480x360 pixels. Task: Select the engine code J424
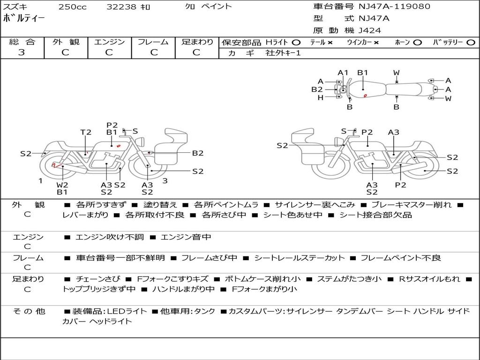point(370,30)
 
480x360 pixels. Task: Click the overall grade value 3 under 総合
point(21,52)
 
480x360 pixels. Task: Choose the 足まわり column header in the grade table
point(197,42)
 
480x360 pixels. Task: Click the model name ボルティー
point(24,19)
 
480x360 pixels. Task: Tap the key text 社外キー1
point(284,53)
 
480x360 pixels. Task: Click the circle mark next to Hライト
point(296,42)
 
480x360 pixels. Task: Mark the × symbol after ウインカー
point(376,42)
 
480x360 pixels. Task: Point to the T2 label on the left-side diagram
point(86,132)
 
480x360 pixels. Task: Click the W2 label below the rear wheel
point(62,185)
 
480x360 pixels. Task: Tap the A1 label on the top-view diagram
point(343,73)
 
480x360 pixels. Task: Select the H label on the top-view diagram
point(321,97)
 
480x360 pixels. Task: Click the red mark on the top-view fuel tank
point(365,96)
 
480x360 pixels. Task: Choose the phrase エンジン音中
point(186,237)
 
